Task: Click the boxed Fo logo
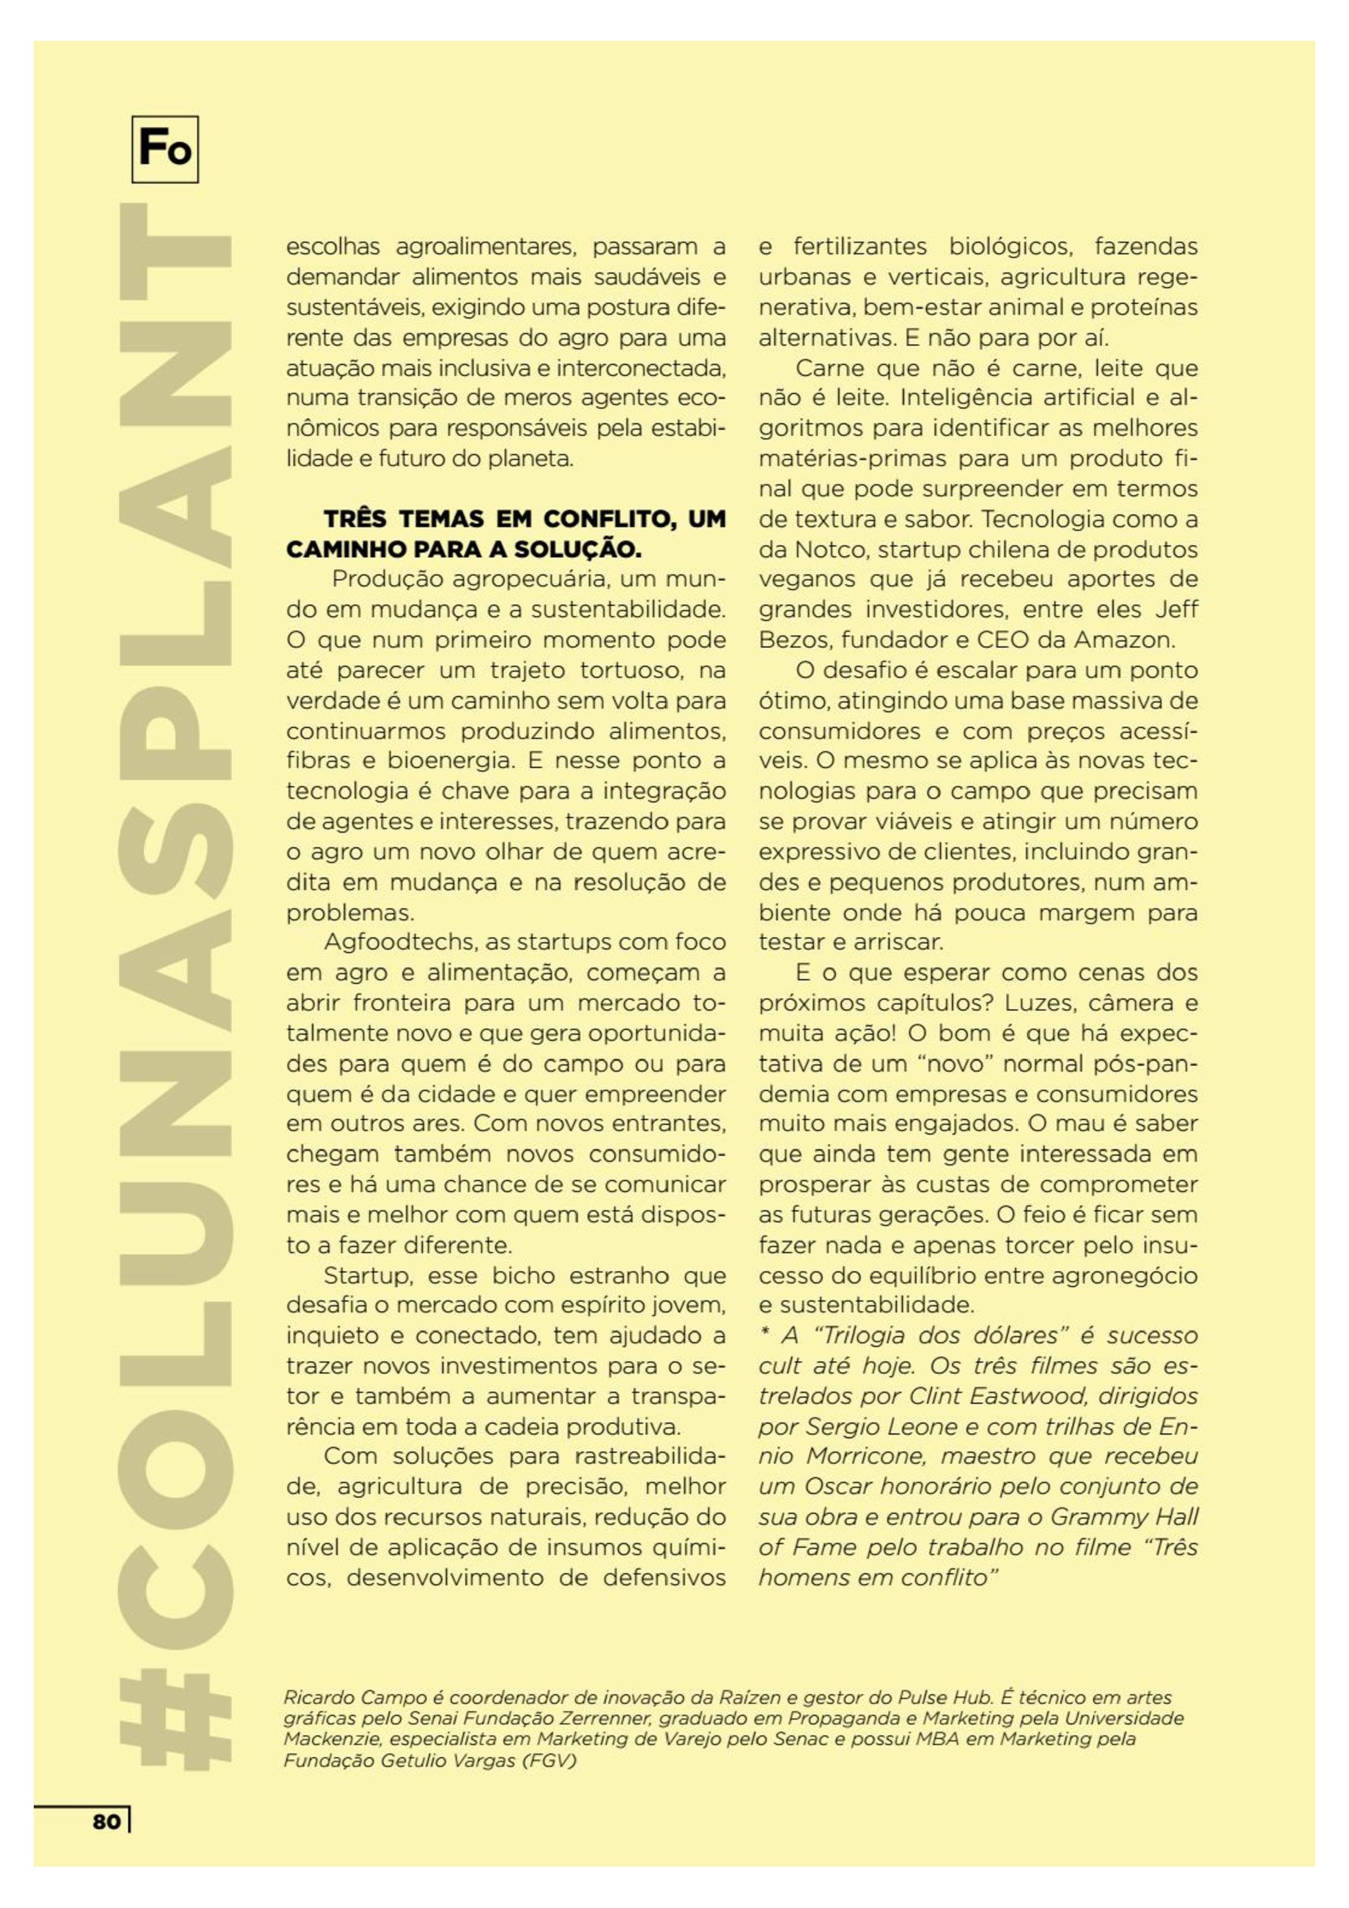[x=164, y=150]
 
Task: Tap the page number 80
[x=107, y=1822]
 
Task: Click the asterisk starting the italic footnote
[x=765, y=1335]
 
